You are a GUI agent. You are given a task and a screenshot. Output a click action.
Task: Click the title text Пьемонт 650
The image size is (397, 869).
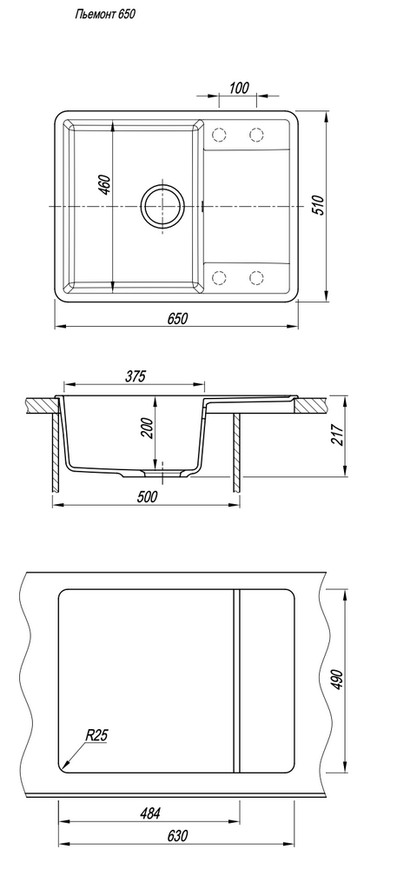[104, 15]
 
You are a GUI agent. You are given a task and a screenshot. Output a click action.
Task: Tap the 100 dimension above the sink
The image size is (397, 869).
[239, 88]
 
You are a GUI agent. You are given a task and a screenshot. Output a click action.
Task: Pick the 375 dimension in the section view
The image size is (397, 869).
[135, 376]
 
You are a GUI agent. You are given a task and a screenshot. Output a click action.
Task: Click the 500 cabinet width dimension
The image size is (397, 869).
[147, 496]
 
